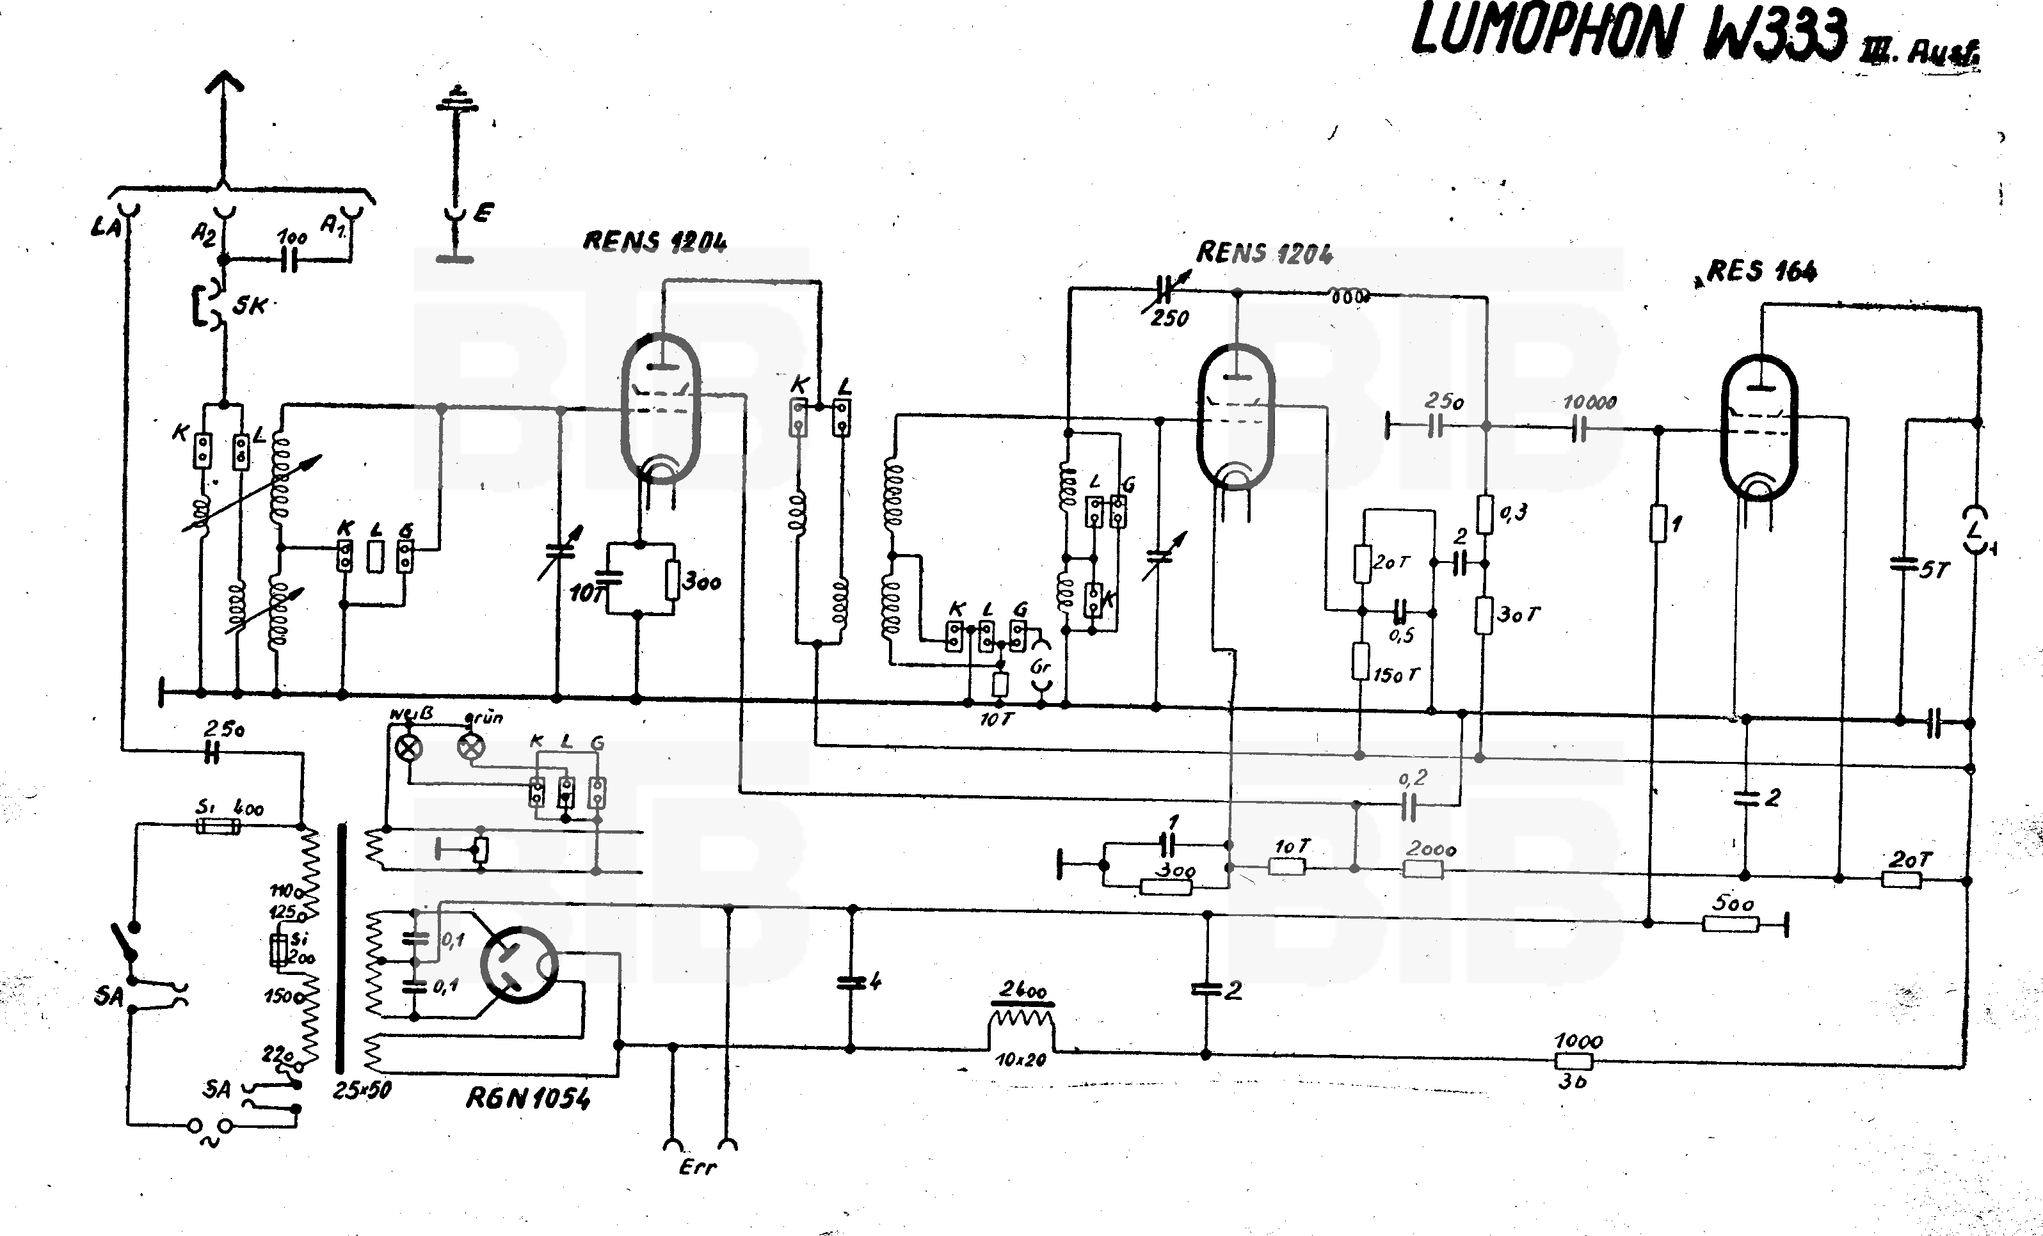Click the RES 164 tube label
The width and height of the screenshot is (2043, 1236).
point(1762,271)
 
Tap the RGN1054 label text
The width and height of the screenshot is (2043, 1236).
point(528,1098)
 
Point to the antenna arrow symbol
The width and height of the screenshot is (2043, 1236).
point(224,91)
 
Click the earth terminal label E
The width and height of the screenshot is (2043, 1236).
point(483,213)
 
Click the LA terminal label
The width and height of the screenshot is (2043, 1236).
point(106,225)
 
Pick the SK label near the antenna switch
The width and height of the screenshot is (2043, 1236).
point(250,306)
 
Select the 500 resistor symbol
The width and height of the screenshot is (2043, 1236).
point(1731,923)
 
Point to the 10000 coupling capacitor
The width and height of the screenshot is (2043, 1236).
point(1579,429)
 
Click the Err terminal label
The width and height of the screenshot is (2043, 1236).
point(697,1167)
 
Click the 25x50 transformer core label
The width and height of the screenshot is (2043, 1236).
point(362,1091)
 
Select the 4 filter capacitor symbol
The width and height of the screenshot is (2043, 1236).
point(850,982)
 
